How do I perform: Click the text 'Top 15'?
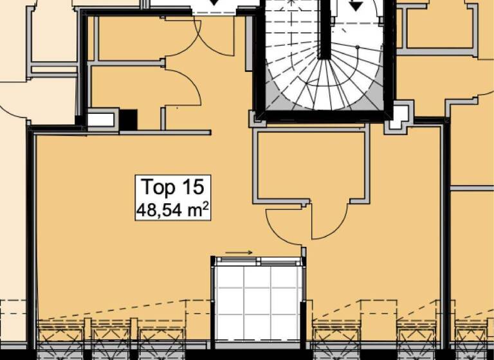pyautogui.click(x=172, y=187)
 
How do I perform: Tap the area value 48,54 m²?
pyautogui.click(x=172, y=208)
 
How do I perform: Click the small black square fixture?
pyautogui.click(x=129, y=119)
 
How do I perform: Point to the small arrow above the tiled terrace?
pyautogui.click(x=239, y=253)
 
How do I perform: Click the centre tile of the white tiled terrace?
pyautogui.click(x=258, y=296)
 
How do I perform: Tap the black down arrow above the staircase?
pyautogui.click(x=355, y=6)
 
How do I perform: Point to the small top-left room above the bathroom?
pyautogui.click(x=129, y=39)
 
